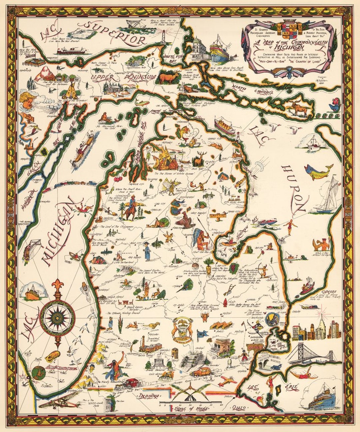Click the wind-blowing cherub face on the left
[x=26, y=100]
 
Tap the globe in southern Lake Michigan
[x=40, y=372]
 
